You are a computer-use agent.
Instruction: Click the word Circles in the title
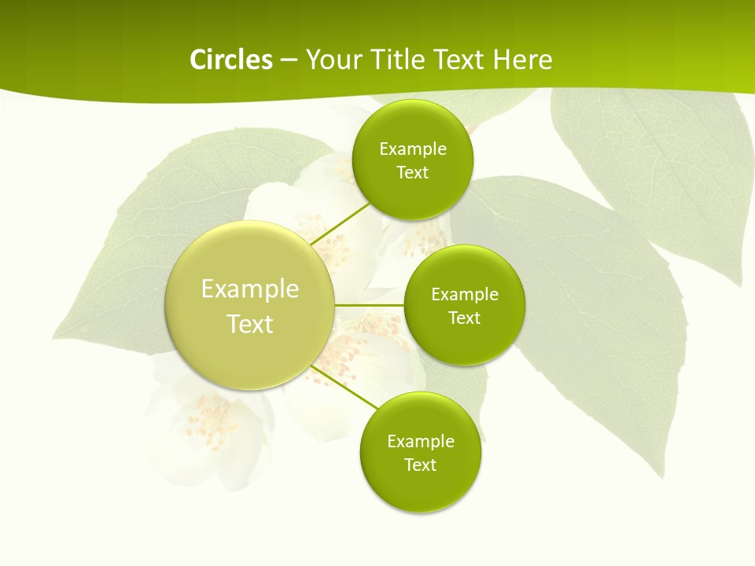point(230,60)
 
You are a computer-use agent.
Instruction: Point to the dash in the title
point(289,61)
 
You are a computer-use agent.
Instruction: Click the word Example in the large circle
point(250,289)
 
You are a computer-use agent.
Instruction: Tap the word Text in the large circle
point(250,324)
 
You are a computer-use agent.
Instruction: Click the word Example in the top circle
point(413,149)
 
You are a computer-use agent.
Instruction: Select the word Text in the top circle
point(413,172)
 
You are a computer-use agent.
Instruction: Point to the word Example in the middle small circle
point(465,294)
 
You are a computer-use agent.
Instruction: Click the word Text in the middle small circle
point(465,318)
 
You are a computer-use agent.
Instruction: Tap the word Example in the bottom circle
point(421,441)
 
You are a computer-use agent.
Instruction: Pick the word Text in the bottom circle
point(421,465)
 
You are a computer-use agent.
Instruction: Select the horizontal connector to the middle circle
point(369,304)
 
